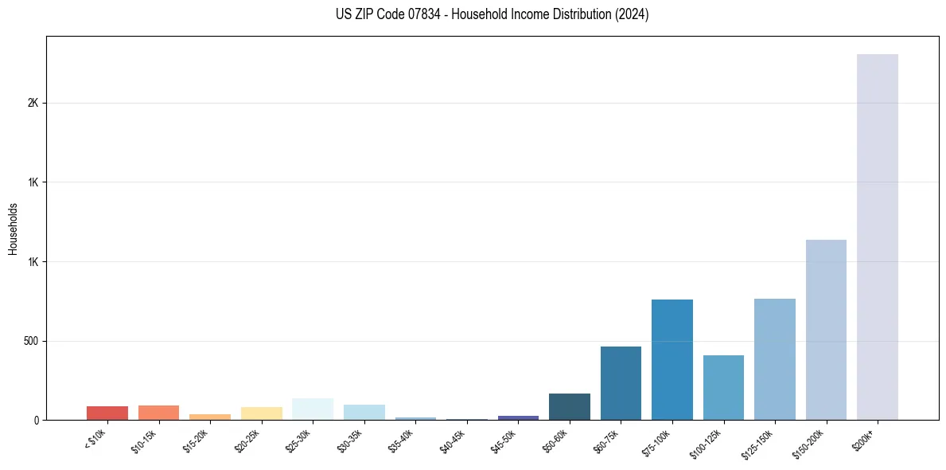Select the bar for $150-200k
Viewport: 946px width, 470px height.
826,330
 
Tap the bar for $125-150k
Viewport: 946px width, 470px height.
774,359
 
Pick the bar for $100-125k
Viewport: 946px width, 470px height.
723,387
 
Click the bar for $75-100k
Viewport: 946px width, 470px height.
672,359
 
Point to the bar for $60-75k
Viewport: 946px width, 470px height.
621,383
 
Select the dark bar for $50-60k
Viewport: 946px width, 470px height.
569,406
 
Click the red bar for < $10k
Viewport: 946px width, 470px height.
107,413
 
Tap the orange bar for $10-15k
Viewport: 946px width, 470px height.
158,413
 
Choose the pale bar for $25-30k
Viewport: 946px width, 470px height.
313,409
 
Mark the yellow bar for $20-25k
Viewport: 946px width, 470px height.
261,413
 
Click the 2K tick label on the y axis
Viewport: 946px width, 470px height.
33,103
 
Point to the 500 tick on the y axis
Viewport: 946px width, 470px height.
31,341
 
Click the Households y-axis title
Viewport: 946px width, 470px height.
13,229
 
